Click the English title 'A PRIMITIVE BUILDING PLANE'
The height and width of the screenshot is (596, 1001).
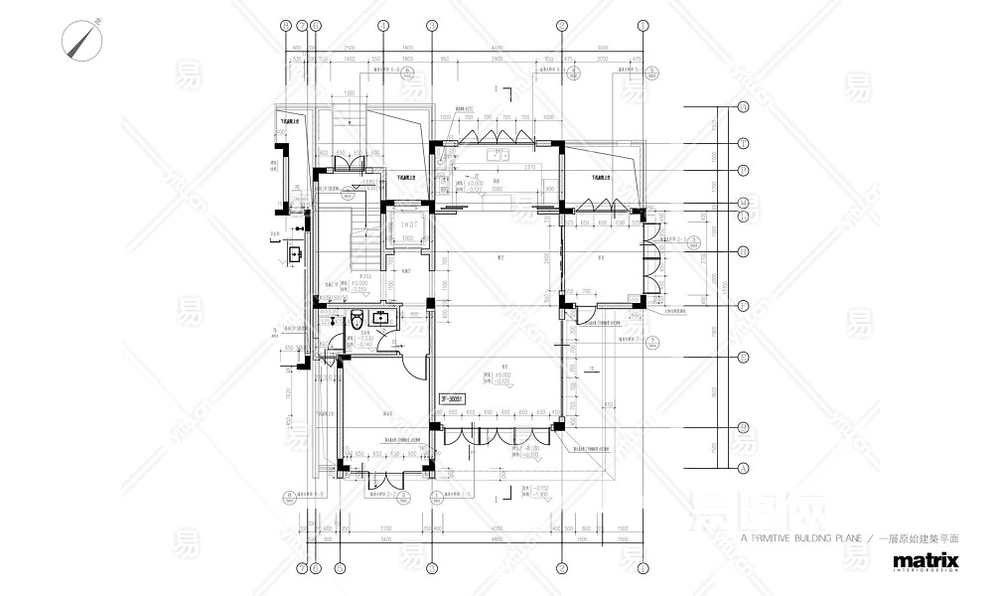(x=804, y=536)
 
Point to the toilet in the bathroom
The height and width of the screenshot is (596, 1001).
(x=357, y=322)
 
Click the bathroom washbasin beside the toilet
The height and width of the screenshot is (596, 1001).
(x=380, y=319)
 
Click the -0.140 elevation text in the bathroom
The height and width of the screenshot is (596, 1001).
(x=367, y=344)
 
